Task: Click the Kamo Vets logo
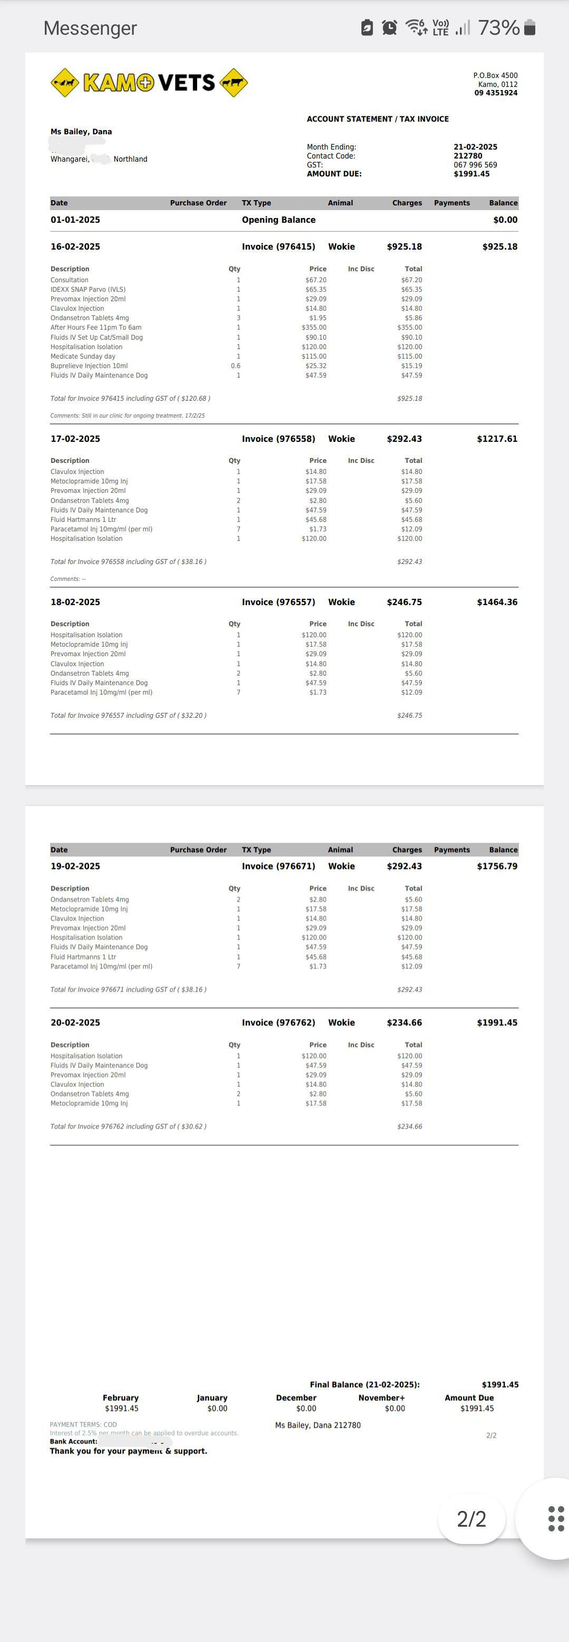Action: [x=149, y=83]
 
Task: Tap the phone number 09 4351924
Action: [x=496, y=93]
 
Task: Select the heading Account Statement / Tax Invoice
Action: [x=378, y=119]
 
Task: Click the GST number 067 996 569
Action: [x=475, y=165]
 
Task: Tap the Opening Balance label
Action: [x=278, y=220]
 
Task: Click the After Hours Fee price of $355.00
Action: [x=314, y=328]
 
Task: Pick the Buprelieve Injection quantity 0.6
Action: [x=236, y=366]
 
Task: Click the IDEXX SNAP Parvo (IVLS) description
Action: [x=88, y=290]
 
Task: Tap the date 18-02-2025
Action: [x=75, y=602]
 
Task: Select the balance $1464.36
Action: [x=497, y=602]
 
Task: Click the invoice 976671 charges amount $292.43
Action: [x=404, y=866]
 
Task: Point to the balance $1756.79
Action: [x=497, y=866]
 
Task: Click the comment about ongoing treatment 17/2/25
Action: [x=127, y=416]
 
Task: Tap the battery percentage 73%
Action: [x=498, y=27]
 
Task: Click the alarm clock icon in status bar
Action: [x=389, y=27]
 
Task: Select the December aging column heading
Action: [x=296, y=1398]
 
